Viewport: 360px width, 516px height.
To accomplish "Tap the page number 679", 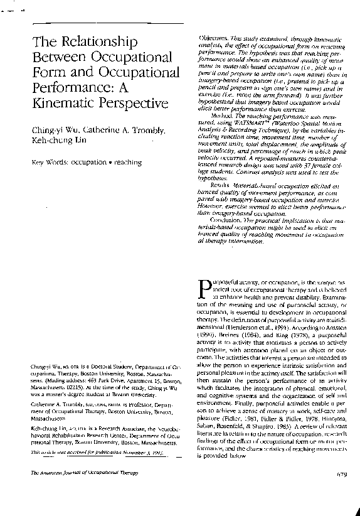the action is pos(342,491).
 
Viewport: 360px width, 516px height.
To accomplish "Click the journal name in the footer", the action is pos(78,491).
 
